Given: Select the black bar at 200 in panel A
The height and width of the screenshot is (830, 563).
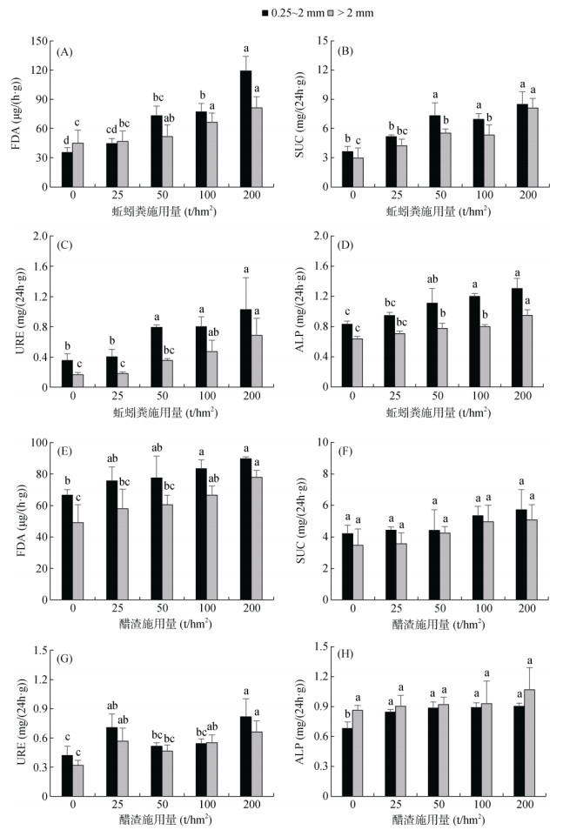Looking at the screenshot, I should click(x=246, y=129).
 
